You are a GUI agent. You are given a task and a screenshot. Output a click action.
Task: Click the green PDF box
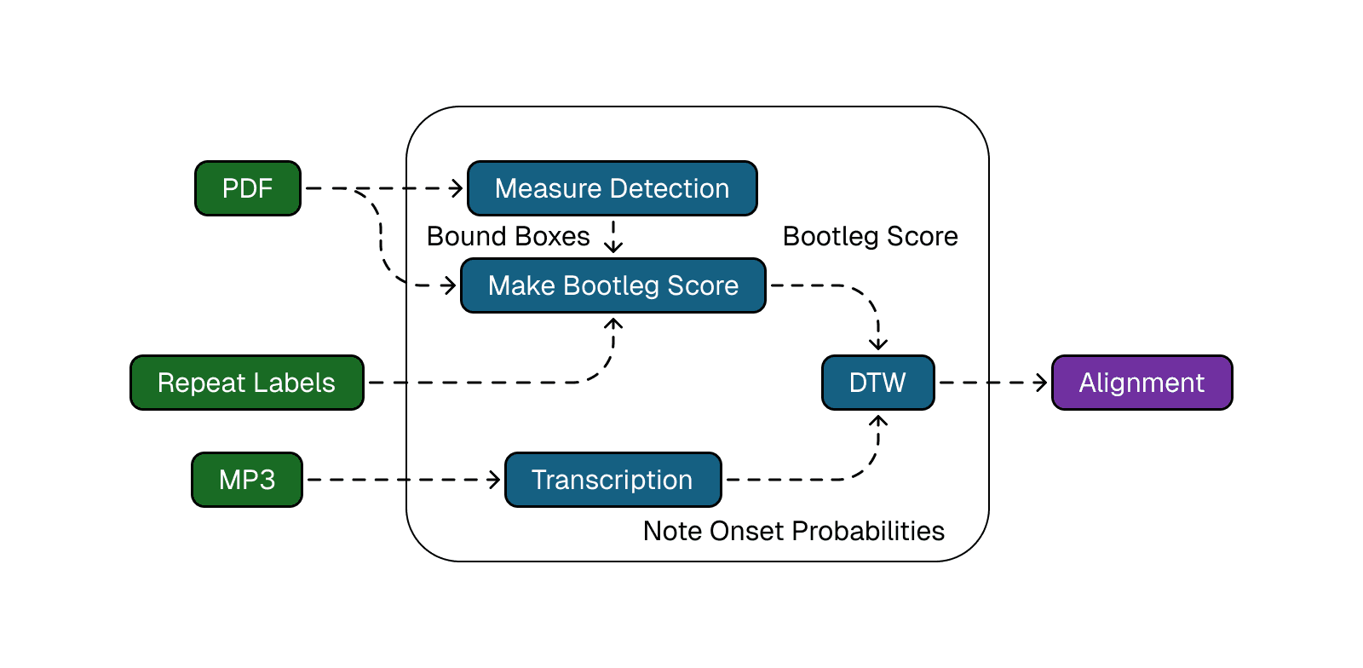pyautogui.click(x=248, y=188)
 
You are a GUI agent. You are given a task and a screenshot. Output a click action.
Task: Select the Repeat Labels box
pyautogui.click(x=247, y=383)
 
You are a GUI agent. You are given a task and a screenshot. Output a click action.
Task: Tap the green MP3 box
pyautogui.click(x=247, y=480)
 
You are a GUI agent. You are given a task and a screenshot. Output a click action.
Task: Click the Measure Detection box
pyautogui.click(x=612, y=188)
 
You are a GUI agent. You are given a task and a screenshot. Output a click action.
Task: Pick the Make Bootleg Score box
pyautogui.click(x=612, y=285)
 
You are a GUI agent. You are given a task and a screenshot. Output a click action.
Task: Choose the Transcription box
pyautogui.click(x=612, y=480)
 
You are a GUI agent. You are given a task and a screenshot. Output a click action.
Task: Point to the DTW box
pyautogui.click(x=877, y=383)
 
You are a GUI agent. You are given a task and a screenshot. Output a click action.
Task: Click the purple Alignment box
pyautogui.click(x=1142, y=383)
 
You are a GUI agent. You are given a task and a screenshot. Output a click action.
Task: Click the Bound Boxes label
pyautogui.click(x=508, y=236)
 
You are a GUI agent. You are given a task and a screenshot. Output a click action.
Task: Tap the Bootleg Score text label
pyautogui.click(x=870, y=236)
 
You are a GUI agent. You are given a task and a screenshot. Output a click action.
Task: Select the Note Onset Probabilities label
pyautogui.click(x=793, y=531)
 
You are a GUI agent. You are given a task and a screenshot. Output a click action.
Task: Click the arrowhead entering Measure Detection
pyautogui.click(x=457, y=188)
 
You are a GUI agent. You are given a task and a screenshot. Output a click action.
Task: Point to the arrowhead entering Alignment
pyautogui.click(x=1042, y=383)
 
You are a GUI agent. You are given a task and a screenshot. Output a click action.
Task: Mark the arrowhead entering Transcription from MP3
pyautogui.click(x=495, y=480)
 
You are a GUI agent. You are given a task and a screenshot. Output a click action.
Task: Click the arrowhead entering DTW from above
pyautogui.click(x=878, y=344)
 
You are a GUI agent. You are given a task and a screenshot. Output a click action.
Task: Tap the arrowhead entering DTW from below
pyautogui.click(x=878, y=421)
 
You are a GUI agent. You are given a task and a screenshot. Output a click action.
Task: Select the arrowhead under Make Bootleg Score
pyautogui.click(x=613, y=324)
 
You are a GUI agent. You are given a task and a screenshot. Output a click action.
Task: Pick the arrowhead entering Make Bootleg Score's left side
pyautogui.click(x=451, y=285)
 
